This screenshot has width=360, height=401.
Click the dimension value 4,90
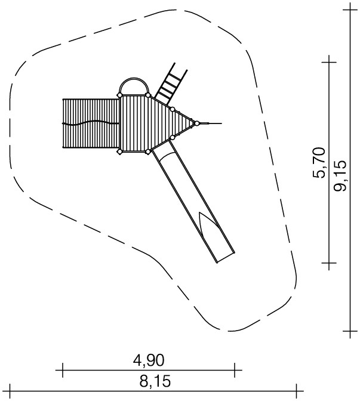click(x=149, y=360)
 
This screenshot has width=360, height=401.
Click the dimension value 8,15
click(x=155, y=381)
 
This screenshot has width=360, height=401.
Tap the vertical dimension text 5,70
click(x=319, y=162)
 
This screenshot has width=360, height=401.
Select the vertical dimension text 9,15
click(x=340, y=175)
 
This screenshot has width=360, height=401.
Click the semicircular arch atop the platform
click(x=134, y=78)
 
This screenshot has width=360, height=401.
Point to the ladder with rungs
click(x=171, y=84)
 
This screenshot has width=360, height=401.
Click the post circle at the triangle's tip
click(x=197, y=124)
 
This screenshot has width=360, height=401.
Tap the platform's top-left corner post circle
click(x=119, y=95)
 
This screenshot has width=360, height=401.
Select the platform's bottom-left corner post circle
click(x=119, y=152)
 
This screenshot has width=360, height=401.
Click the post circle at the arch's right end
click(x=148, y=95)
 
